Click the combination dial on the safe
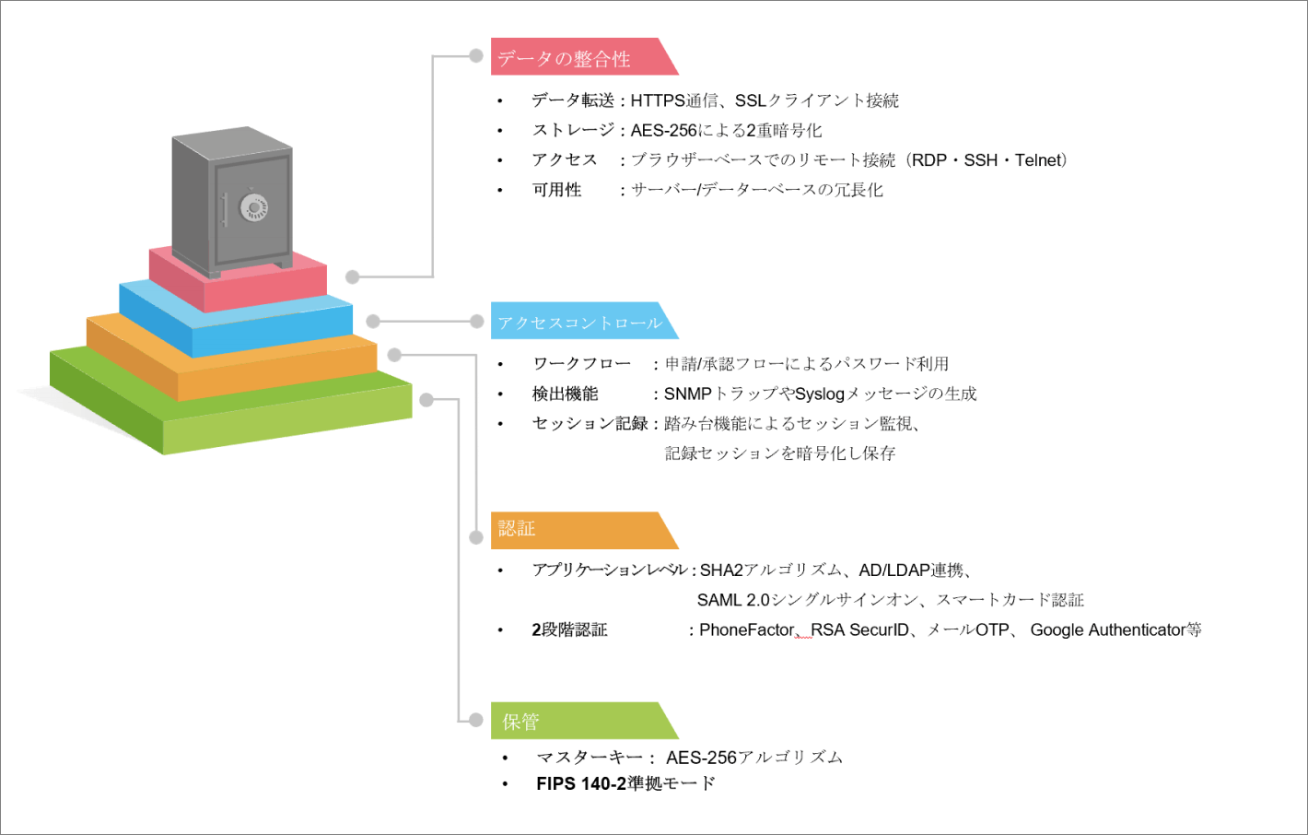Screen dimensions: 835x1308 click(253, 207)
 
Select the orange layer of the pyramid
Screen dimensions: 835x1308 click(276, 374)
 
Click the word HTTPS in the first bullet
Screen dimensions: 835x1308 click(658, 100)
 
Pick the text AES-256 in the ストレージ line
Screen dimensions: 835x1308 click(663, 131)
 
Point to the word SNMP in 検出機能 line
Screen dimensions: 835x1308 click(687, 394)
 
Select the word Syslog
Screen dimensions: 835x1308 click(819, 394)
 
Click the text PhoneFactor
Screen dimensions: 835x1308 click(746, 630)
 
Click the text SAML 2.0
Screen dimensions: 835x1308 click(732, 601)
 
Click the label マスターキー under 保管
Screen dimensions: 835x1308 click(590, 758)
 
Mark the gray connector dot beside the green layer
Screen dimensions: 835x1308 click(426, 400)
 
